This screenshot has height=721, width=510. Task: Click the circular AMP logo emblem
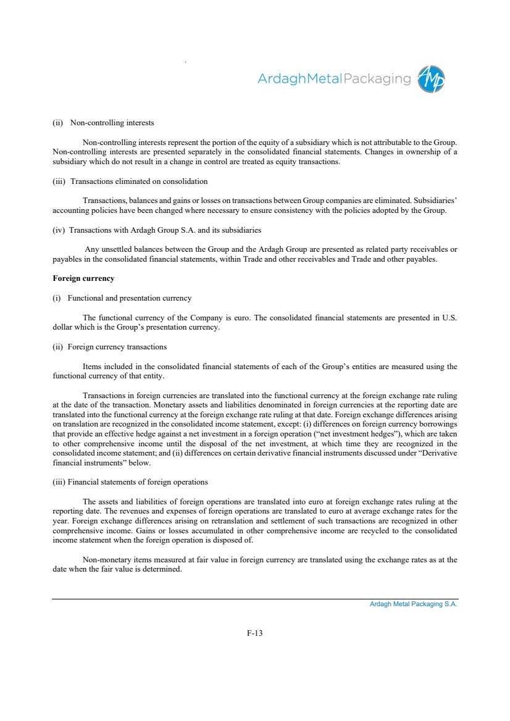click(x=431, y=79)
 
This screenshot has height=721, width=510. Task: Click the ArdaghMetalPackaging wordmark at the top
click(x=334, y=79)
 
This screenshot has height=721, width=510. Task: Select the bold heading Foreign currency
click(x=83, y=278)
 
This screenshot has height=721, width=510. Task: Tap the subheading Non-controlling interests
click(x=112, y=122)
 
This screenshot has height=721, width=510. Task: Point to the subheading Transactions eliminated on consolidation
click(x=138, y=181)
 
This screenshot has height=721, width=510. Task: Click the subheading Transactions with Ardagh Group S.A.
click(x=165, y=230)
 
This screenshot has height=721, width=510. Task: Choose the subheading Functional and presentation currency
click(x=129, y=298)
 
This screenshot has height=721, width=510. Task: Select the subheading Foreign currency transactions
click(x=117, y=346)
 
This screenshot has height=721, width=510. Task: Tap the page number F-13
click(x=255, y=632)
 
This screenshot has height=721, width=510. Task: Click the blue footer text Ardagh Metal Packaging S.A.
click(x=413, y=604)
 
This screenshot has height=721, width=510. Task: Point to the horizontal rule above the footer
click(x=255, y=599)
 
